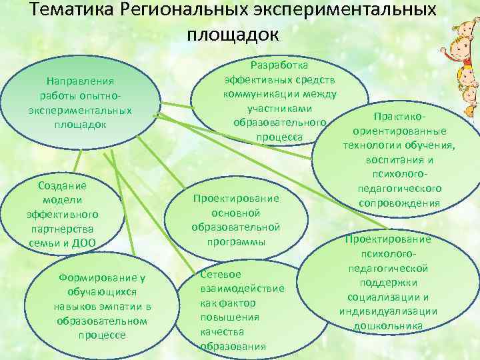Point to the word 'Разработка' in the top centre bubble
(279, 65)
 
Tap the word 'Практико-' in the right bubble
(399, 116)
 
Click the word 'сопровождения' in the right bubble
(399, 203)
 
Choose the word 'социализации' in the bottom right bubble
(388, 297)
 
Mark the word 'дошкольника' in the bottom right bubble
(388, 326)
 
